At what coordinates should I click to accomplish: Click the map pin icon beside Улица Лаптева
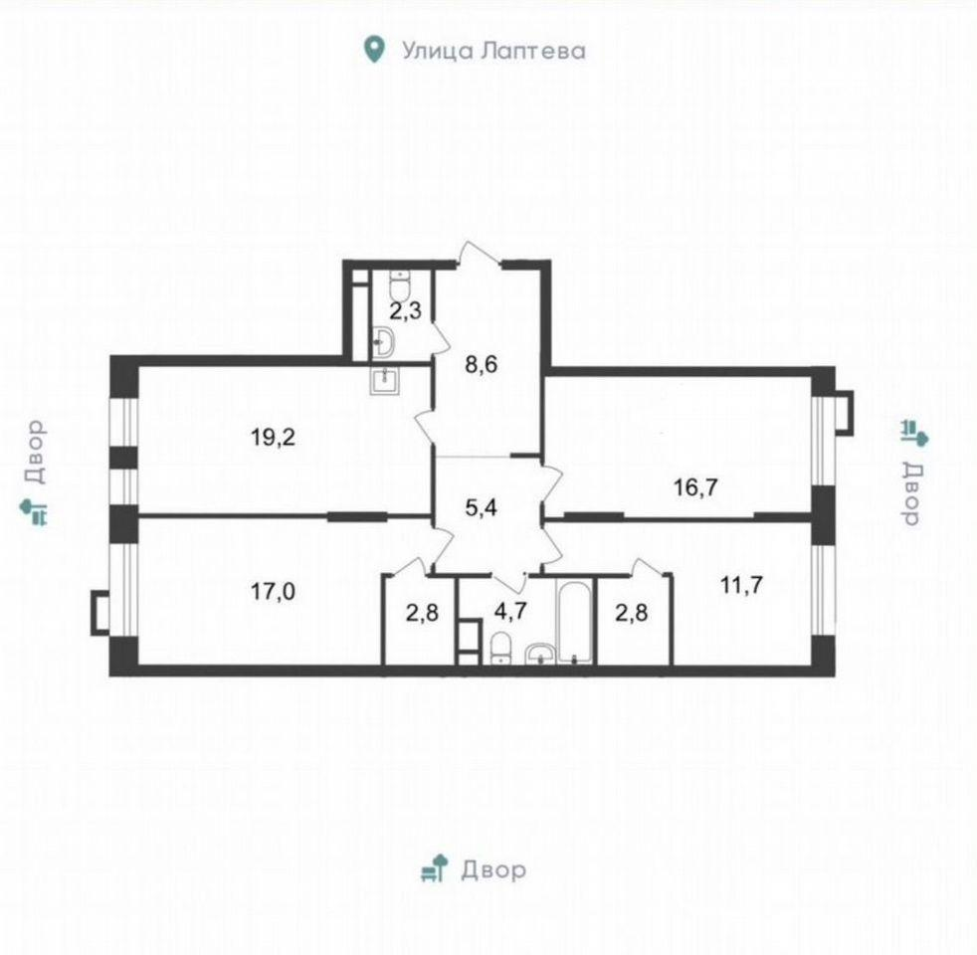coord(373,50)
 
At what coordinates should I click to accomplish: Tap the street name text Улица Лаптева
coord(493,51)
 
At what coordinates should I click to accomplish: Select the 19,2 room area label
coord(273,438)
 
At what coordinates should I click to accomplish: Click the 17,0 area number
coord(273,591)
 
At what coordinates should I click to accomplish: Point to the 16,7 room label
coord(696,487)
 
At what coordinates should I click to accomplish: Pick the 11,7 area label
coord(741,585)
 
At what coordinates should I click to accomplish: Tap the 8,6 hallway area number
coord(482,364)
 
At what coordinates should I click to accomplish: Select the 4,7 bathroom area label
coord(511,610)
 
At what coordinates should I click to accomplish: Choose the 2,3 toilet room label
coord(406,310)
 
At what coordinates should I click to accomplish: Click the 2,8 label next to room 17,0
coord(423,613)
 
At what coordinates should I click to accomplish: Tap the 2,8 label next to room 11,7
coord(631,613)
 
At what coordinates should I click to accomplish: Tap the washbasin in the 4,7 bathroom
coord(540,655)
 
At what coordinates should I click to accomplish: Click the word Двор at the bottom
coord(493,869)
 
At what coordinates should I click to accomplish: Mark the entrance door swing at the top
coord(479,255)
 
